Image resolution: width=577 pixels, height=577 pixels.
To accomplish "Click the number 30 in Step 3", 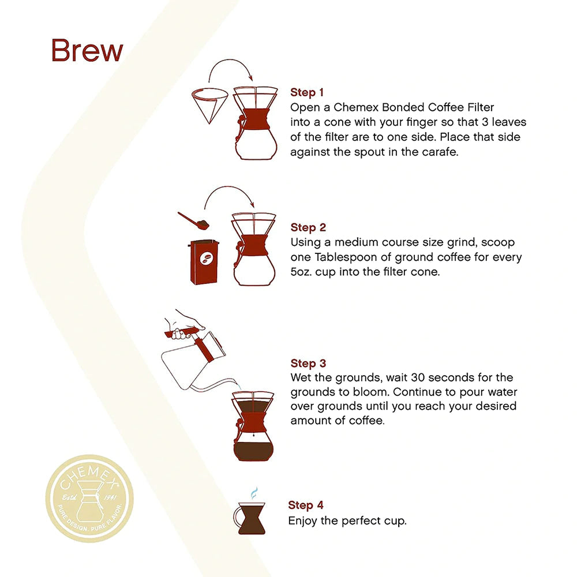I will (x=411, y=378).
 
